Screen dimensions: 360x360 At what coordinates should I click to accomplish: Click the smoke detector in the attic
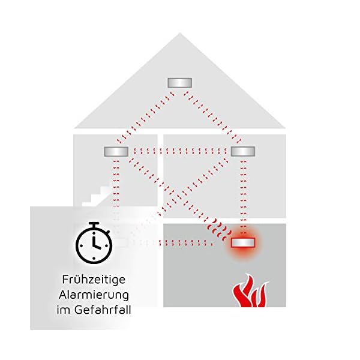(x=180, y=82)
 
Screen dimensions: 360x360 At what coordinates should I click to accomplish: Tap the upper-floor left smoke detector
(x=116, y=151)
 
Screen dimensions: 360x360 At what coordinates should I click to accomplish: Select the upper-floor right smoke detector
(x=244, y=151)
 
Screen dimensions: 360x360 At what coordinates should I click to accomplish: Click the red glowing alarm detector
(x=244, y=243)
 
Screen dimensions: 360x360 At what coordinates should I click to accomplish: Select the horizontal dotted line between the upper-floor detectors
(x=180, y=151)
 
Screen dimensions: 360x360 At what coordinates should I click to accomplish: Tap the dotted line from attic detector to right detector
(x=212, y=117)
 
